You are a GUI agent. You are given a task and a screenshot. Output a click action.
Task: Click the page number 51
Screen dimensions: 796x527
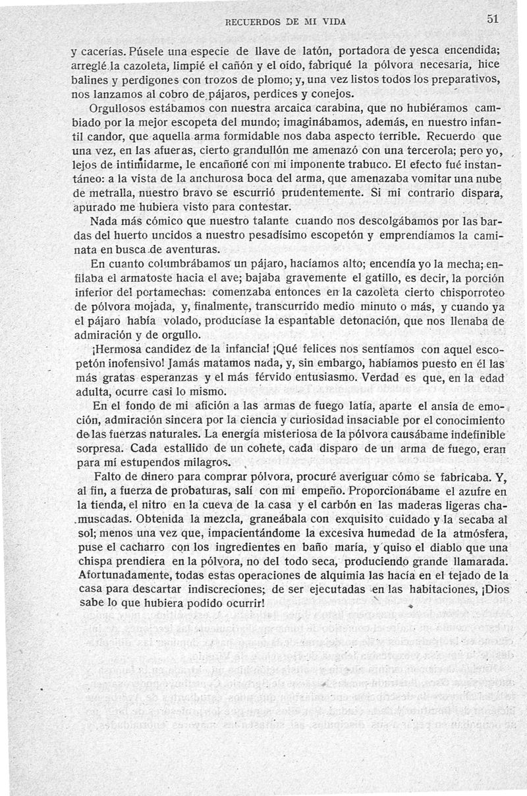(x=495, y=19)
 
